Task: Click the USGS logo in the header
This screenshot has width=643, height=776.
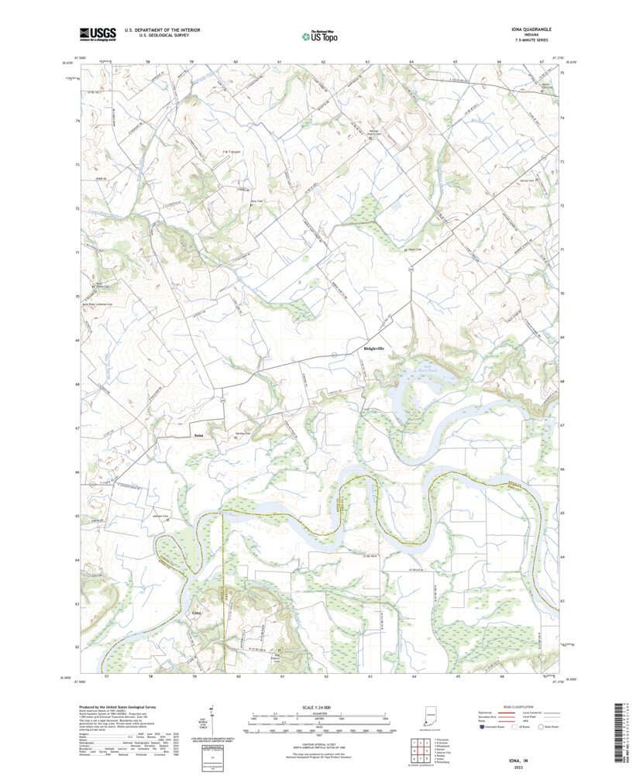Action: click(x=97, y=33)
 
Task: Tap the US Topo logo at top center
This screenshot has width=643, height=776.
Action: click(x=319, y=35)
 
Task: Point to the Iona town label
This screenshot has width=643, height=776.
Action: click(x=199, y=437)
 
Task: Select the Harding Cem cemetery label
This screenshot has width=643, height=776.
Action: click(x=243, y=434)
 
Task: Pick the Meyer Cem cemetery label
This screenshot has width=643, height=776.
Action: click(x=414, y=249)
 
